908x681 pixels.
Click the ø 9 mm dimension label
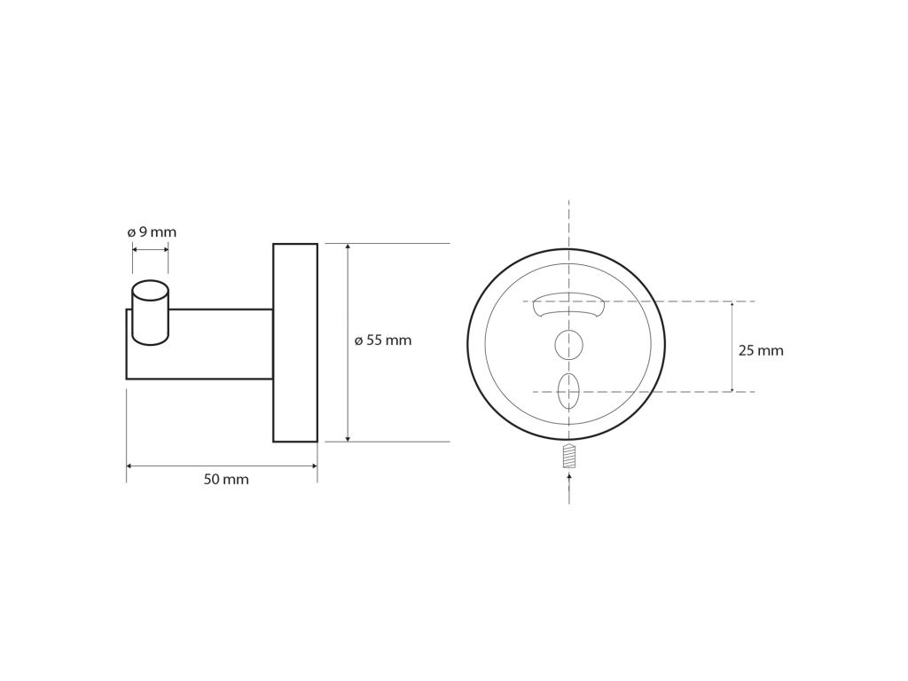(x=152, y=232)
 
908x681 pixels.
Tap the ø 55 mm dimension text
(x=383, y=340)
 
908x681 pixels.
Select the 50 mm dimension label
(x=226, y=480)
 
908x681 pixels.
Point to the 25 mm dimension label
(x=761, y=350)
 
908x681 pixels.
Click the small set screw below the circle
(x=569, y=456)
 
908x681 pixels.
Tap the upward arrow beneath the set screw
(x=569, y=488)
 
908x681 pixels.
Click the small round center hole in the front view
(x=568, y=345)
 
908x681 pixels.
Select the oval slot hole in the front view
(x=568, y=391)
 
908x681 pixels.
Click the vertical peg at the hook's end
(x=151, y=313)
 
